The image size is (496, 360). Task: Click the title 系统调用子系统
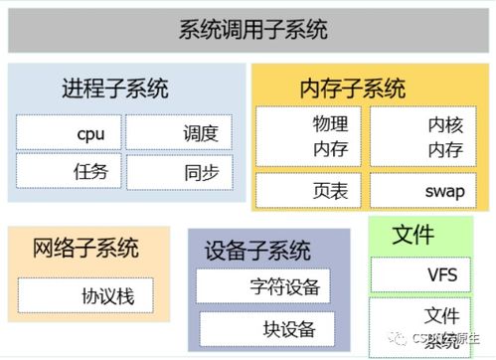click(252, 30)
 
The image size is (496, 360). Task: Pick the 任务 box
click(69, 171)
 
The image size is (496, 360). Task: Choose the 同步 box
click(179, 171)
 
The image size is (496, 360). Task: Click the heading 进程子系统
click(115, 89)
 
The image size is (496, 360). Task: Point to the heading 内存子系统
click(352, 89)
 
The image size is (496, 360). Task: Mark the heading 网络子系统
click(85, 249)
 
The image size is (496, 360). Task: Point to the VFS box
click(425, 274)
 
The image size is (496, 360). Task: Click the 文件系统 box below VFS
click(425, 324)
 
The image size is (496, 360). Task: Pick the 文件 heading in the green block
click(414, 236)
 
